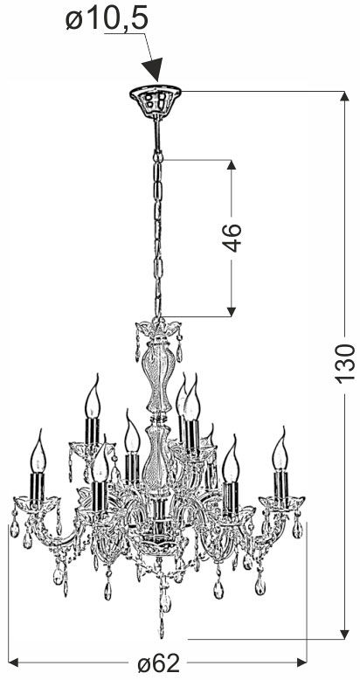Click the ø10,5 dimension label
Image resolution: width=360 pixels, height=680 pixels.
point(107,19)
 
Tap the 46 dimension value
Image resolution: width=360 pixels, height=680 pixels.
point(232,238)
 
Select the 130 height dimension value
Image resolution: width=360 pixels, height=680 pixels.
point(345,364)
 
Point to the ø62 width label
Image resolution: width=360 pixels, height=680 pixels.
point(159,663)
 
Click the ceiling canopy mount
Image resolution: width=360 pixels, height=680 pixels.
point(156,101)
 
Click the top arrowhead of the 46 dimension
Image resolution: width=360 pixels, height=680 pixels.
point(232,165)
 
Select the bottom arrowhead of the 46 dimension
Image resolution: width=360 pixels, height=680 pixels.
point(232,312)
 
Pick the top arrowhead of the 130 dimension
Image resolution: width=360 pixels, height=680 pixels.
point(344,96)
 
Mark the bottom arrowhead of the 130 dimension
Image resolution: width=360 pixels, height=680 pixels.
point(344,634)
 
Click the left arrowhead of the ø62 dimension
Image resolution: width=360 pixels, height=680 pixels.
point(13,663)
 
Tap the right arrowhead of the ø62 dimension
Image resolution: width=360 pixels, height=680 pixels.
point(301,663)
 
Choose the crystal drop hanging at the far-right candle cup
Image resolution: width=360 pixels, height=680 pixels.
point(297,527)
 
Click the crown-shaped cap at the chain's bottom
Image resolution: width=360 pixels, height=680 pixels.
point(158,329)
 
